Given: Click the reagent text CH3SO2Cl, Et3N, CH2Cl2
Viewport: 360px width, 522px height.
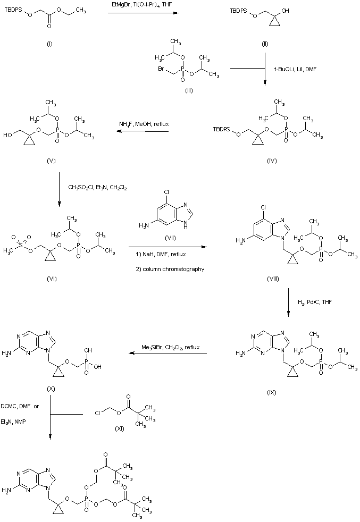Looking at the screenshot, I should pyautogui.click(x=97, y=187).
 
